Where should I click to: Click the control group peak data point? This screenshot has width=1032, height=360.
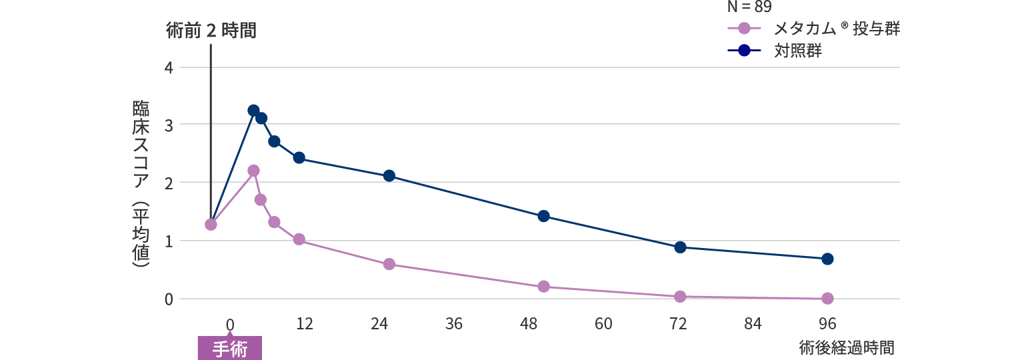(x=253, y=111)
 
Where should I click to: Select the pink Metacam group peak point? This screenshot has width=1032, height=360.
(x=253, y=171)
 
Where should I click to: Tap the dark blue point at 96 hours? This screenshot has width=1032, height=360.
(x=827, y=259)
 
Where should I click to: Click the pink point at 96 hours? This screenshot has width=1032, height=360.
(x=827, y=298)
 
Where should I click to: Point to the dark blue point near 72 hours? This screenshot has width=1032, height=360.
(x=680, y=247)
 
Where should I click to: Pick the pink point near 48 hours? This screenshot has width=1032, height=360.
(x=543, y=286)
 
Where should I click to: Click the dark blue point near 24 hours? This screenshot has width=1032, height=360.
(x=389, y=175)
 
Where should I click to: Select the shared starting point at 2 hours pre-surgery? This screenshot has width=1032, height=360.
(x=211, y=224)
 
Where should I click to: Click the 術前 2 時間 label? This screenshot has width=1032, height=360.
(x=211, y=31)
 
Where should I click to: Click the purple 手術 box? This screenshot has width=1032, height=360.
(x=229, y=349)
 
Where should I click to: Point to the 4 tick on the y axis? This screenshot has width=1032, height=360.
(x=168, y=67)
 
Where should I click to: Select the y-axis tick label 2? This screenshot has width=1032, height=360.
(x=168, y=183)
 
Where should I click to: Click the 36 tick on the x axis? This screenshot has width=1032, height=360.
(x=454, y=325)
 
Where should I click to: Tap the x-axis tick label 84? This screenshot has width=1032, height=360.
(x=753, y=325)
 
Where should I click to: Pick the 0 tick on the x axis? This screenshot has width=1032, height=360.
(x=230, y=325)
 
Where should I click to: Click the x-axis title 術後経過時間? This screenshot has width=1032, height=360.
(x=846, y=348)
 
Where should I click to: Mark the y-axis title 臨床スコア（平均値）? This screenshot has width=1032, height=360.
(x=141, y=183)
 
